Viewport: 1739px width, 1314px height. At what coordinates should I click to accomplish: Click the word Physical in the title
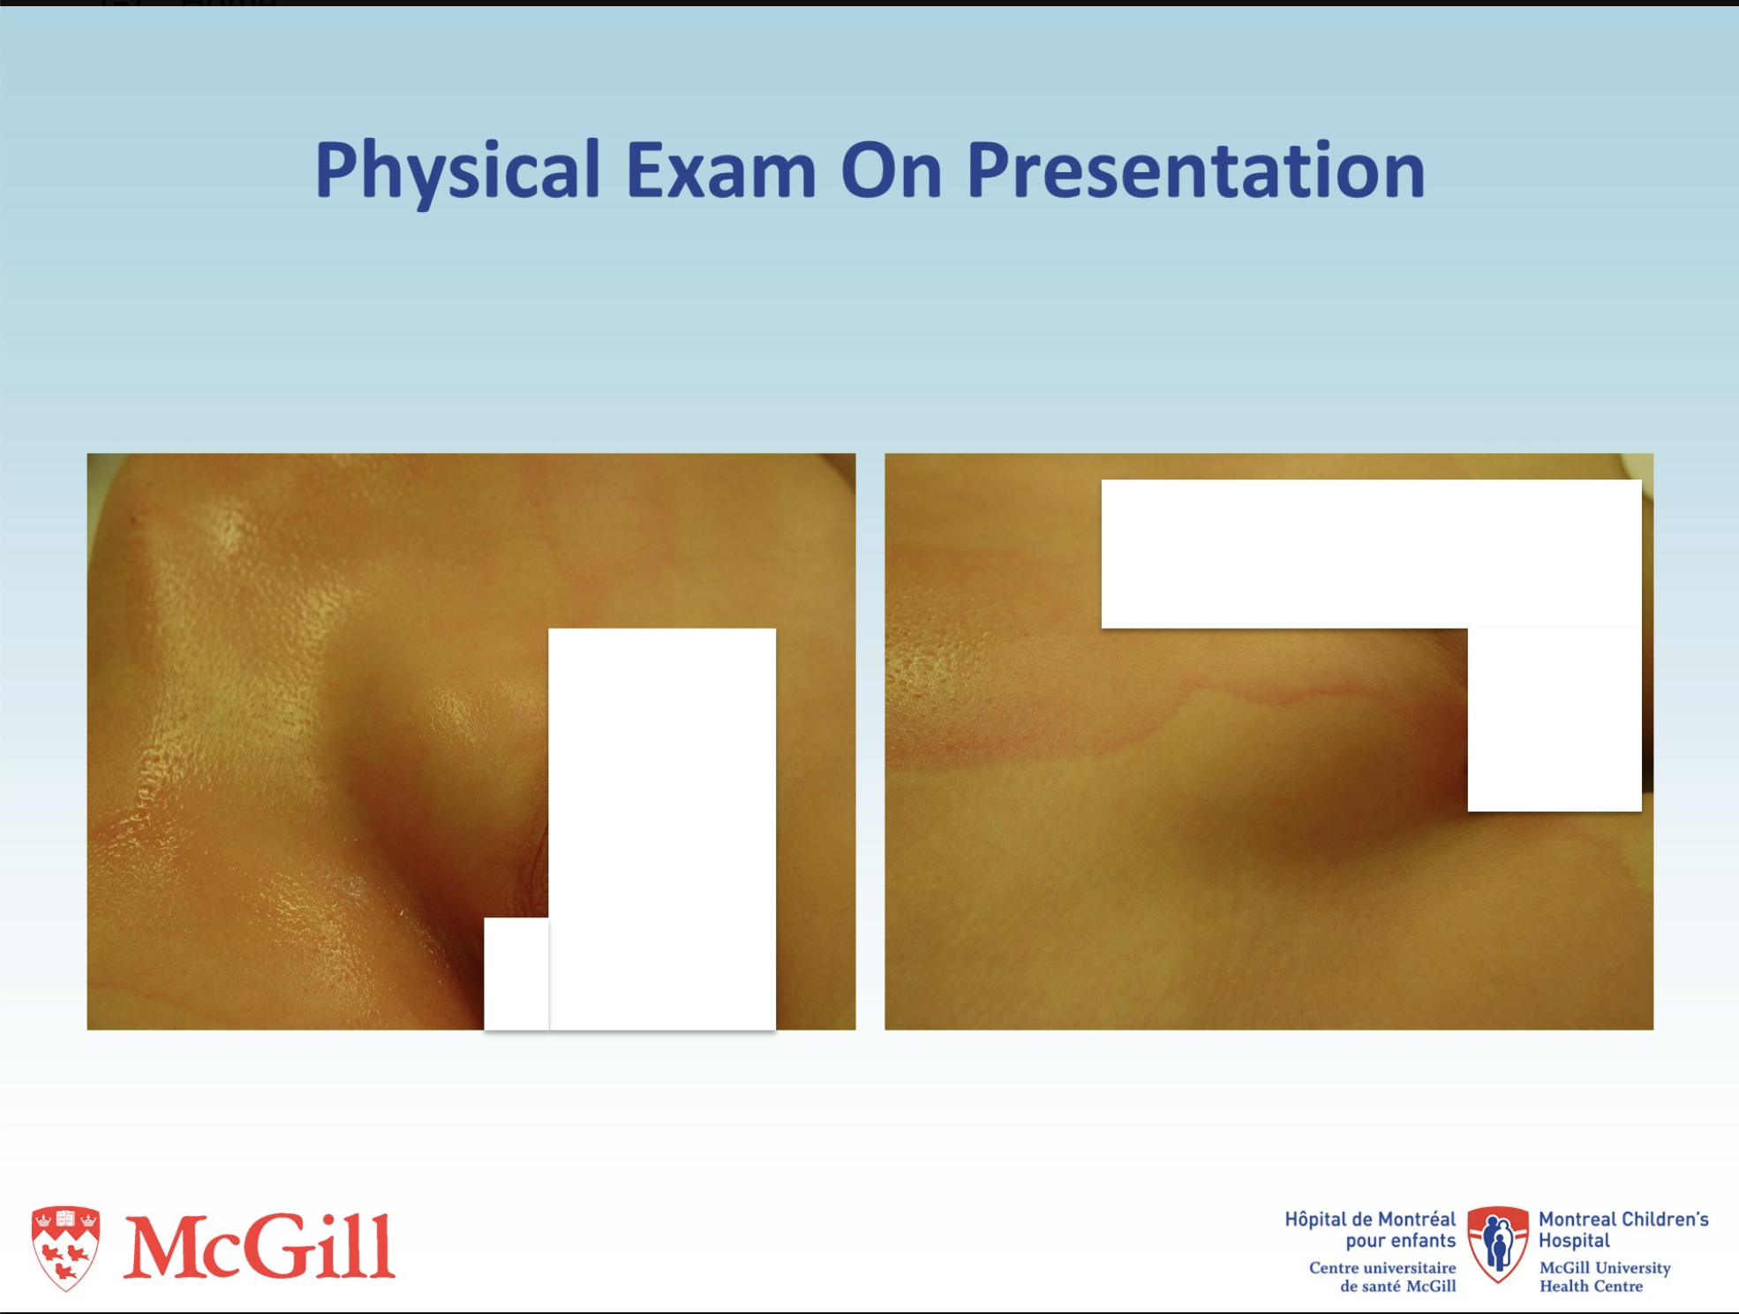457,170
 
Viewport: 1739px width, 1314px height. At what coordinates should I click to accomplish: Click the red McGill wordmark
259,1246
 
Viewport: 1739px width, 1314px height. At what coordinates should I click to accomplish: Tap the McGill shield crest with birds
65,1247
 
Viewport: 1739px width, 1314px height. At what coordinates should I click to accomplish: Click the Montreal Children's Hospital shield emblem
1497,1244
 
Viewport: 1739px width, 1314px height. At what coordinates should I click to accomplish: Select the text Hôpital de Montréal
1370,1220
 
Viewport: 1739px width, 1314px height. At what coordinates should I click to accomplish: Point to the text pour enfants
1400,1241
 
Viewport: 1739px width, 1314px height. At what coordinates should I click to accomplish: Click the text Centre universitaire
1382,1268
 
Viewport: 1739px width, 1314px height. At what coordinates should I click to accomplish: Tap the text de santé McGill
1397,1287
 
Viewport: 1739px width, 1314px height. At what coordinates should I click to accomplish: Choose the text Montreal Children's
1623,1220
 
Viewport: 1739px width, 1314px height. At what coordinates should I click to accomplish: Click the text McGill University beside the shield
1605,1268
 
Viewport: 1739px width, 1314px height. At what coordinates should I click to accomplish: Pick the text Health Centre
1591,1287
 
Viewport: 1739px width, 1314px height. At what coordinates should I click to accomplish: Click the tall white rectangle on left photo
662,828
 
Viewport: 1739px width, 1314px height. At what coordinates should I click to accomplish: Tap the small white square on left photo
516,973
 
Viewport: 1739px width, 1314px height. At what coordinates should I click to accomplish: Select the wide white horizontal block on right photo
1371,554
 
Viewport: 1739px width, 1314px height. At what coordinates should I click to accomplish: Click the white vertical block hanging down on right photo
1555,720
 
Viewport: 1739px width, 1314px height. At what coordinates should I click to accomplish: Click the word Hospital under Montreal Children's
1574,1241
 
